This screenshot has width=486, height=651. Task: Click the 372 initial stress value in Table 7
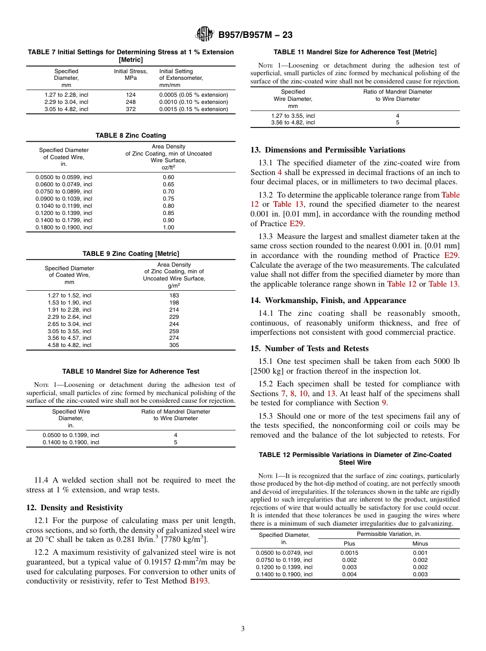click(130, 109)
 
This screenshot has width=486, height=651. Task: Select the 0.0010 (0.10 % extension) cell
click(193, 102)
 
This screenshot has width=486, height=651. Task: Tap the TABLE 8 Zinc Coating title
click(130, 136)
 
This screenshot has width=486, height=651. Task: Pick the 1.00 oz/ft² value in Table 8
click(168, 227)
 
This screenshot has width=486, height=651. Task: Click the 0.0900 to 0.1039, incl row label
click(64, 199)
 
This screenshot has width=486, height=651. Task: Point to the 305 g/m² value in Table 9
click(174, 345)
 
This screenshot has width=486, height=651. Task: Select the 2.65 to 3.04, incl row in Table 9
click(69, 324)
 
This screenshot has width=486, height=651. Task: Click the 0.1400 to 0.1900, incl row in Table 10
click(71, 442)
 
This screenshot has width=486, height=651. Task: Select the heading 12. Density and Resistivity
click(75, 508)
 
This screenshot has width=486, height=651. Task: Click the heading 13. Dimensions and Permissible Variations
click(327, 150)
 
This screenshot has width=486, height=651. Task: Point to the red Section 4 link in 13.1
click(279, 172)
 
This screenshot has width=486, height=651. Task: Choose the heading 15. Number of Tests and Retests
click(309, 349)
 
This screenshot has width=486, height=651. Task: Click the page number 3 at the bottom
click(243, 629)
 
